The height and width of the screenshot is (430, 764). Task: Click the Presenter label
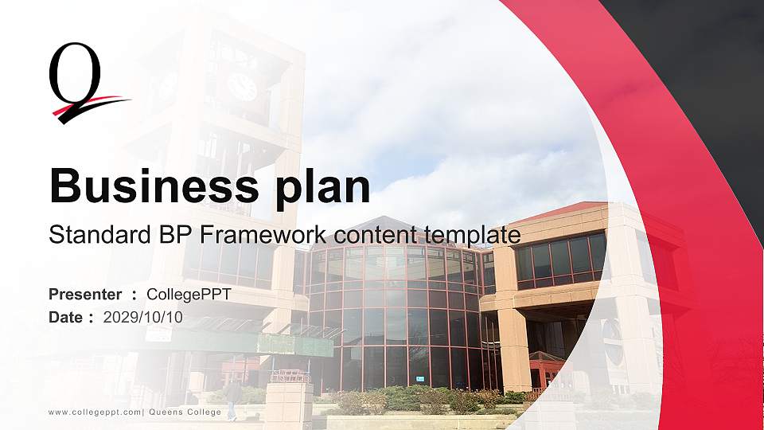[x=85, y=295]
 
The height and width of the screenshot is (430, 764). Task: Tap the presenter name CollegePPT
[x=189, y=295]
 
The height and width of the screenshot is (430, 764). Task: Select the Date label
[x=66, y=317]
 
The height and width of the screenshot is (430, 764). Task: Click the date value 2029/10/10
[x=143, y=317]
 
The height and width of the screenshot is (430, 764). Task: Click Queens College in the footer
[x=185, y=412]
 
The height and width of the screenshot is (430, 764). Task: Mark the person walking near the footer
[x=232, y=397]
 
